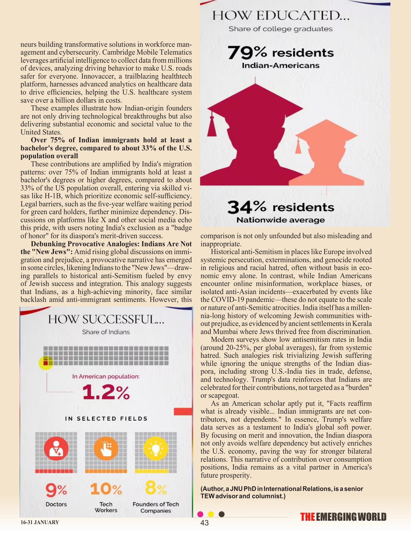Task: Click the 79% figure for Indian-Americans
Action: pyautogui.click(x=247, y=52)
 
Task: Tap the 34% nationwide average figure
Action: pyautogui.click(x=247, y=207)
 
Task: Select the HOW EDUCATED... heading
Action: pyautogui.click(x=281, y=15)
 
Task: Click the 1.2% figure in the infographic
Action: pyautogui.click(x=106, y=392)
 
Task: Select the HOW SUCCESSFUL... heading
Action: pyautogui.click(x=106, y=319)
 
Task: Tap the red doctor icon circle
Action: pyautogui.click(x=56, y=449)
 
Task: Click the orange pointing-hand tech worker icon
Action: pyautogui.click(x=106, y=449)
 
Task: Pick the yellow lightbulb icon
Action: pyautogui.click(x=156, y=449)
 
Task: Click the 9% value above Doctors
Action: pyautogui.click(x=56, y=490)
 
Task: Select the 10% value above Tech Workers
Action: pyautogui.click(x=106, y=489)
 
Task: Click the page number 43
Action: pyautogui.click(x=205, y=523)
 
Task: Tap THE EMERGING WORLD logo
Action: pyautogui.click(x=343, y=517)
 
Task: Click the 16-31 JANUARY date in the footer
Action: pyautogui.click(x=40, y=522)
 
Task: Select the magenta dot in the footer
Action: pyautogui.click(x=200, y=514)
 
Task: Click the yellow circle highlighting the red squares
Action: pyautogui.click(x=46, y=363)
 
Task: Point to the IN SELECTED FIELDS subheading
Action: pyautogui.click(x=106, y=419)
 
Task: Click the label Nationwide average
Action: pyautogui.click(x=281, y=220)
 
